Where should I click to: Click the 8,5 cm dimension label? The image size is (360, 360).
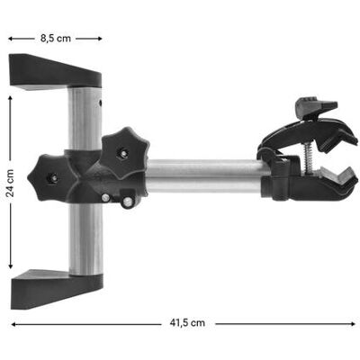click(56, 39)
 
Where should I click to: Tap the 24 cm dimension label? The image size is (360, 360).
click(11, 183)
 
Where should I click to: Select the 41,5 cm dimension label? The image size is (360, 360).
click(187, 323)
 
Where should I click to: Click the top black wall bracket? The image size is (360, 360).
click(55, 71)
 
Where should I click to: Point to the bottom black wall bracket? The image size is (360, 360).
click(57, 288)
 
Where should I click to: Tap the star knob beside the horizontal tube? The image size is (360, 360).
click(125, 153)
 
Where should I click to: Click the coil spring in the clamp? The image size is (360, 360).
click(307, 158)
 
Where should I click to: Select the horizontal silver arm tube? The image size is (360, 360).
click(205, 176)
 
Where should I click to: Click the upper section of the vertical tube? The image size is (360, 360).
click(85, 118)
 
